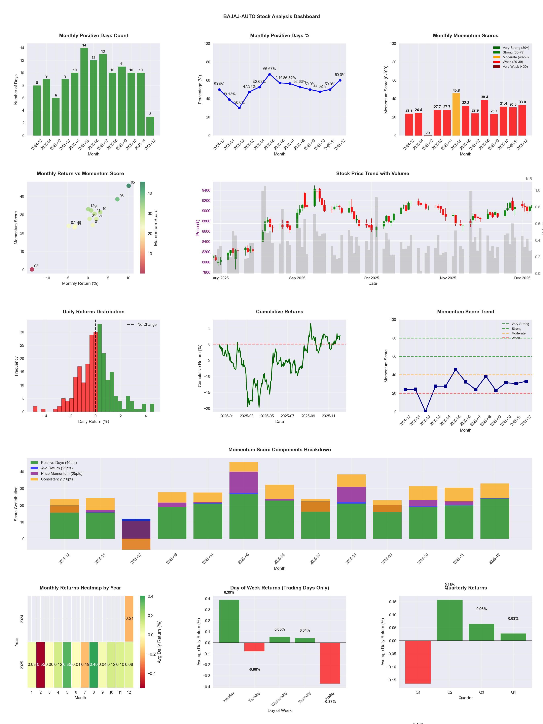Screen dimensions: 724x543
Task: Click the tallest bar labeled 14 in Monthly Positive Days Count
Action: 84,92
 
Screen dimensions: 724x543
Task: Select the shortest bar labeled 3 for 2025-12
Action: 150,126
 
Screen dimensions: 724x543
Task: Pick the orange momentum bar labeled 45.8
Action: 456,115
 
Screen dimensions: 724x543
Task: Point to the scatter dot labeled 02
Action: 32,269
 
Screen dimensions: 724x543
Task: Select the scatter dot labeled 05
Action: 129,186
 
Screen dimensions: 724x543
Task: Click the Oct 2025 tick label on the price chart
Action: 371,278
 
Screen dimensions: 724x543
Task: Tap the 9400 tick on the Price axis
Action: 206,190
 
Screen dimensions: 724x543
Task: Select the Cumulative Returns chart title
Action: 280,312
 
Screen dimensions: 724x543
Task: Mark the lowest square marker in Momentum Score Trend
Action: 425,411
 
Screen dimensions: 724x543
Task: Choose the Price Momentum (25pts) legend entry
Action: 62,474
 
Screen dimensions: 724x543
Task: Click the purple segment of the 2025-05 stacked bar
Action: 244,482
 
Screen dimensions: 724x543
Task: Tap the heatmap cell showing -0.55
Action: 41,664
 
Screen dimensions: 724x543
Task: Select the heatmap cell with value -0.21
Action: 129,619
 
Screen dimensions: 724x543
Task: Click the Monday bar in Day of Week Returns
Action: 229,621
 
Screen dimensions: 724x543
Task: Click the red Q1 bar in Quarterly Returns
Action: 418,662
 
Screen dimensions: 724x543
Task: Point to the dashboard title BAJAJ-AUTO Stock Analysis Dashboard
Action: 271,16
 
